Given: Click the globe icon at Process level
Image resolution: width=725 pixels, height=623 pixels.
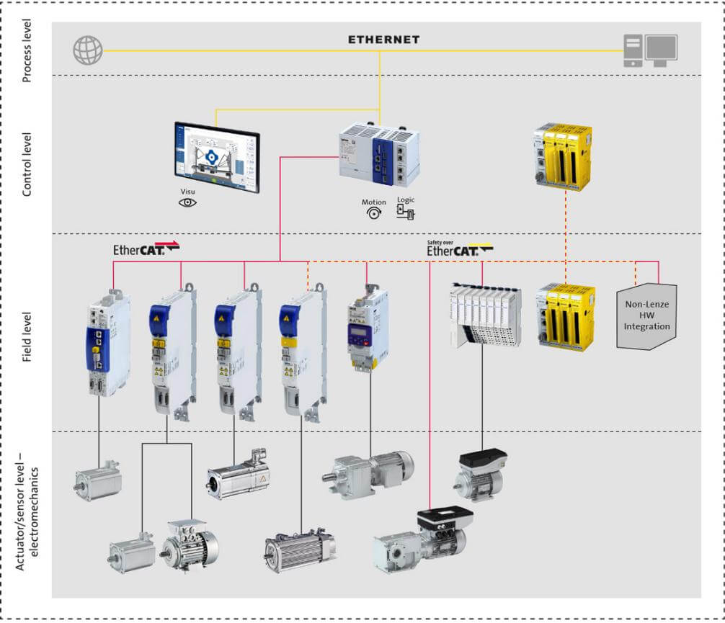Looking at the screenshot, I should pyautogui.click(x=88, y=50).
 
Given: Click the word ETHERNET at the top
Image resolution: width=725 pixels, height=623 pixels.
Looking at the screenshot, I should pyautogui.click(x=383, y=40).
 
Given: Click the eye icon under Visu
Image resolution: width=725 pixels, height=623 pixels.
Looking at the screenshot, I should pyautogui.click(x=187, y=202).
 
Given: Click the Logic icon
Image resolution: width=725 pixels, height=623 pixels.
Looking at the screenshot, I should pyautogui.click(x=406, y=211).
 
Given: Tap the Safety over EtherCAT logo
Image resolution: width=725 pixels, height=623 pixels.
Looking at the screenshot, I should pyautogui.click(x=459, y=248).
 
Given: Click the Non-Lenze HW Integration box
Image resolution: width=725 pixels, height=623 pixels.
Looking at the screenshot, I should pyautogui.click(x=647, y=316).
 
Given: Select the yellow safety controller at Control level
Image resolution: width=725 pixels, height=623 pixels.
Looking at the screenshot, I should pyautogui.click(x=563, y=156).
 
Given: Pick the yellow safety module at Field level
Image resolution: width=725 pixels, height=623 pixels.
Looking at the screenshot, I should pyautogui.click(x=566, y=317).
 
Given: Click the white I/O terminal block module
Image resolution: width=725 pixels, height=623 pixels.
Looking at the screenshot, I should pyautogui.click(x=484, y=315).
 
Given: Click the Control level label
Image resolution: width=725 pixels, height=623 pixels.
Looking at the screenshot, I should pyautogui.click(x=27, y=154).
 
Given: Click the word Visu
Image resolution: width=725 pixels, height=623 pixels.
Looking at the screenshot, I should pyautogui.click(x=187, y=192).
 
